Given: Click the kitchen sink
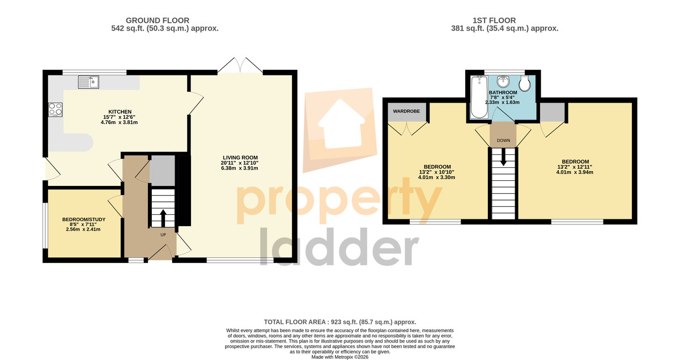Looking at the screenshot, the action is [88, 82].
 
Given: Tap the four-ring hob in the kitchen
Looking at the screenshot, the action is [56, 109].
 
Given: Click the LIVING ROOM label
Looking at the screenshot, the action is [240, 158].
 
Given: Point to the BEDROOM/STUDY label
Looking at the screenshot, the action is [84, 219].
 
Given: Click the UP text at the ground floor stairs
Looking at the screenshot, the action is [163, 235].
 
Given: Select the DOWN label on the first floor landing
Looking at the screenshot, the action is [503, 141].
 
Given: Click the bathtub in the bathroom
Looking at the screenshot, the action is [479, 97].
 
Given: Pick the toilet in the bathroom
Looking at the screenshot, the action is [525, 83].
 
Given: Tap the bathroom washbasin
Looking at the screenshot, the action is [503, 81].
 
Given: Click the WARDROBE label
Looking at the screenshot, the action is [406, 111].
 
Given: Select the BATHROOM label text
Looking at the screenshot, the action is [503, 92].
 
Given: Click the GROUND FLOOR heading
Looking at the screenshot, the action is [158, 20].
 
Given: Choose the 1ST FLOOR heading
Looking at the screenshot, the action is [494, 20].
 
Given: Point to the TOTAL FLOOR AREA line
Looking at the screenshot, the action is [340, 322].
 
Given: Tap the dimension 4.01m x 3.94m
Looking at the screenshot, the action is [575, 172].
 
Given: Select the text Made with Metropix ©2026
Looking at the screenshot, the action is [340, 357].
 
